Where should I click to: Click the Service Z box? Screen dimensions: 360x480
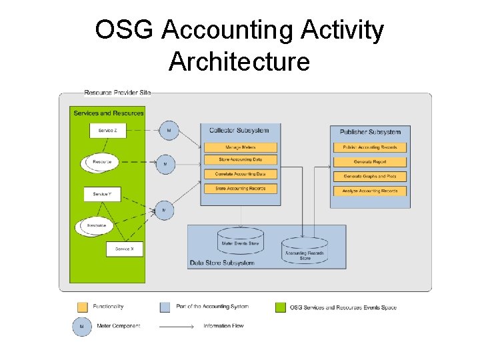click(x=107, y=131)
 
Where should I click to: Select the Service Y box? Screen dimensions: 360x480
click(x=102, y=194)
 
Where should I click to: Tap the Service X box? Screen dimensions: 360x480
click(x=125, y=249)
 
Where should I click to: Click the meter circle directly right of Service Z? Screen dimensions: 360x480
click(x=169, y=131)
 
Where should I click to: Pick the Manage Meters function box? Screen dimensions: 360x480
click(x=239, y=147)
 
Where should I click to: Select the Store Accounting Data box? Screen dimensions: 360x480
click(x=239, y=160)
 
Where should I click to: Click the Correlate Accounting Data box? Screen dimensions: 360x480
click(x=239, y=174)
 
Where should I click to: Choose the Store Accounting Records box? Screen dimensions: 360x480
click(x=239, y=189)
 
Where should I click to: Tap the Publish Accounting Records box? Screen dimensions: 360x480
click(x=370, y=147)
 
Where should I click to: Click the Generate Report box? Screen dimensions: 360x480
click(x=370, y=162)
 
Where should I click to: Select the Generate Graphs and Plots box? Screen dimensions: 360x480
click(x=370, y=177)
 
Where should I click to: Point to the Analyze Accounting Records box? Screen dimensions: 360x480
click(x=370, y=191)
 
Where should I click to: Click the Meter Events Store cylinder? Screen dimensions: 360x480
click(x=240, y=241)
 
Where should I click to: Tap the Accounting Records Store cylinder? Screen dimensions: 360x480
click(x=305, y=251)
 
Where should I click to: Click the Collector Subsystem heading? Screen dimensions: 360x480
click(x=239, y=130)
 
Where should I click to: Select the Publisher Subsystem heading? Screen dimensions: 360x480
click(x=370, y=132)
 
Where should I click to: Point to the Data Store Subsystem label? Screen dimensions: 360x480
click(x=222, y=263)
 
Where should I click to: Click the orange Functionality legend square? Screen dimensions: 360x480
click(x=83, y=307)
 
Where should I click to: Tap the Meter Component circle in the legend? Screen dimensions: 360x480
click(x=82, y=327)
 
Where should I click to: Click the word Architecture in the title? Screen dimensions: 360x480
click(x=239, y=61)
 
